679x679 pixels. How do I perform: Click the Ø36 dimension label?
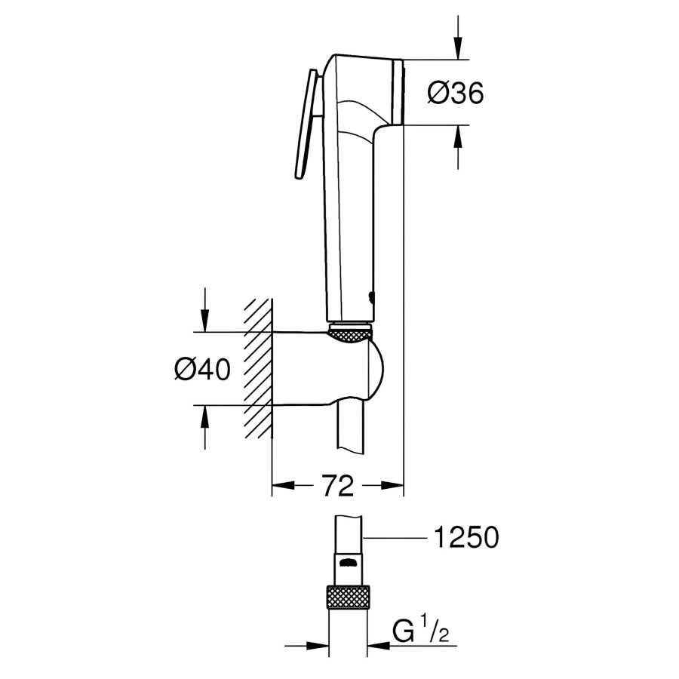pyautogui.click(x=455, y=93)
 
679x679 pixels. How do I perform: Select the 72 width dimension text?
pyautogui.click(x=339, y=487)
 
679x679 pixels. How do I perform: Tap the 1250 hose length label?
pyautogui.click(x=465, y=538)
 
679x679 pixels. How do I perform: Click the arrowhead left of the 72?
pyautogui.click(x=282, y=487)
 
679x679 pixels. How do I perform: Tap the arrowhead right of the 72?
pyautogui.click(x=394, y=487)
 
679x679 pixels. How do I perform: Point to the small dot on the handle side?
pyautogui.click(x=370, y=296)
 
